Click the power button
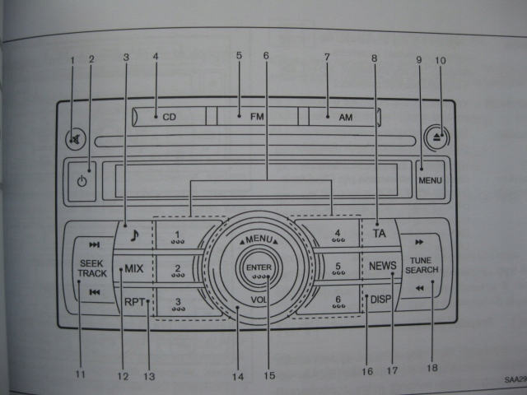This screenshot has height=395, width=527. pos(81,180)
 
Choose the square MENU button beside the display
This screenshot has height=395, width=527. pos(430,179)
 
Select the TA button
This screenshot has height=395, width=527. pos(379,233)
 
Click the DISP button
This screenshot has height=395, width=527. pos(380,300)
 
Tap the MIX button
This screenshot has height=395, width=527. pos(133,269)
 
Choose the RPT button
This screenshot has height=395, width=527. pos(135,301)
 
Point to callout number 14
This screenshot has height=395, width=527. pos(237,376)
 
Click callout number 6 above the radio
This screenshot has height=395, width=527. pos(266,55)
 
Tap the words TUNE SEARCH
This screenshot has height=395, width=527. pos(421,265)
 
